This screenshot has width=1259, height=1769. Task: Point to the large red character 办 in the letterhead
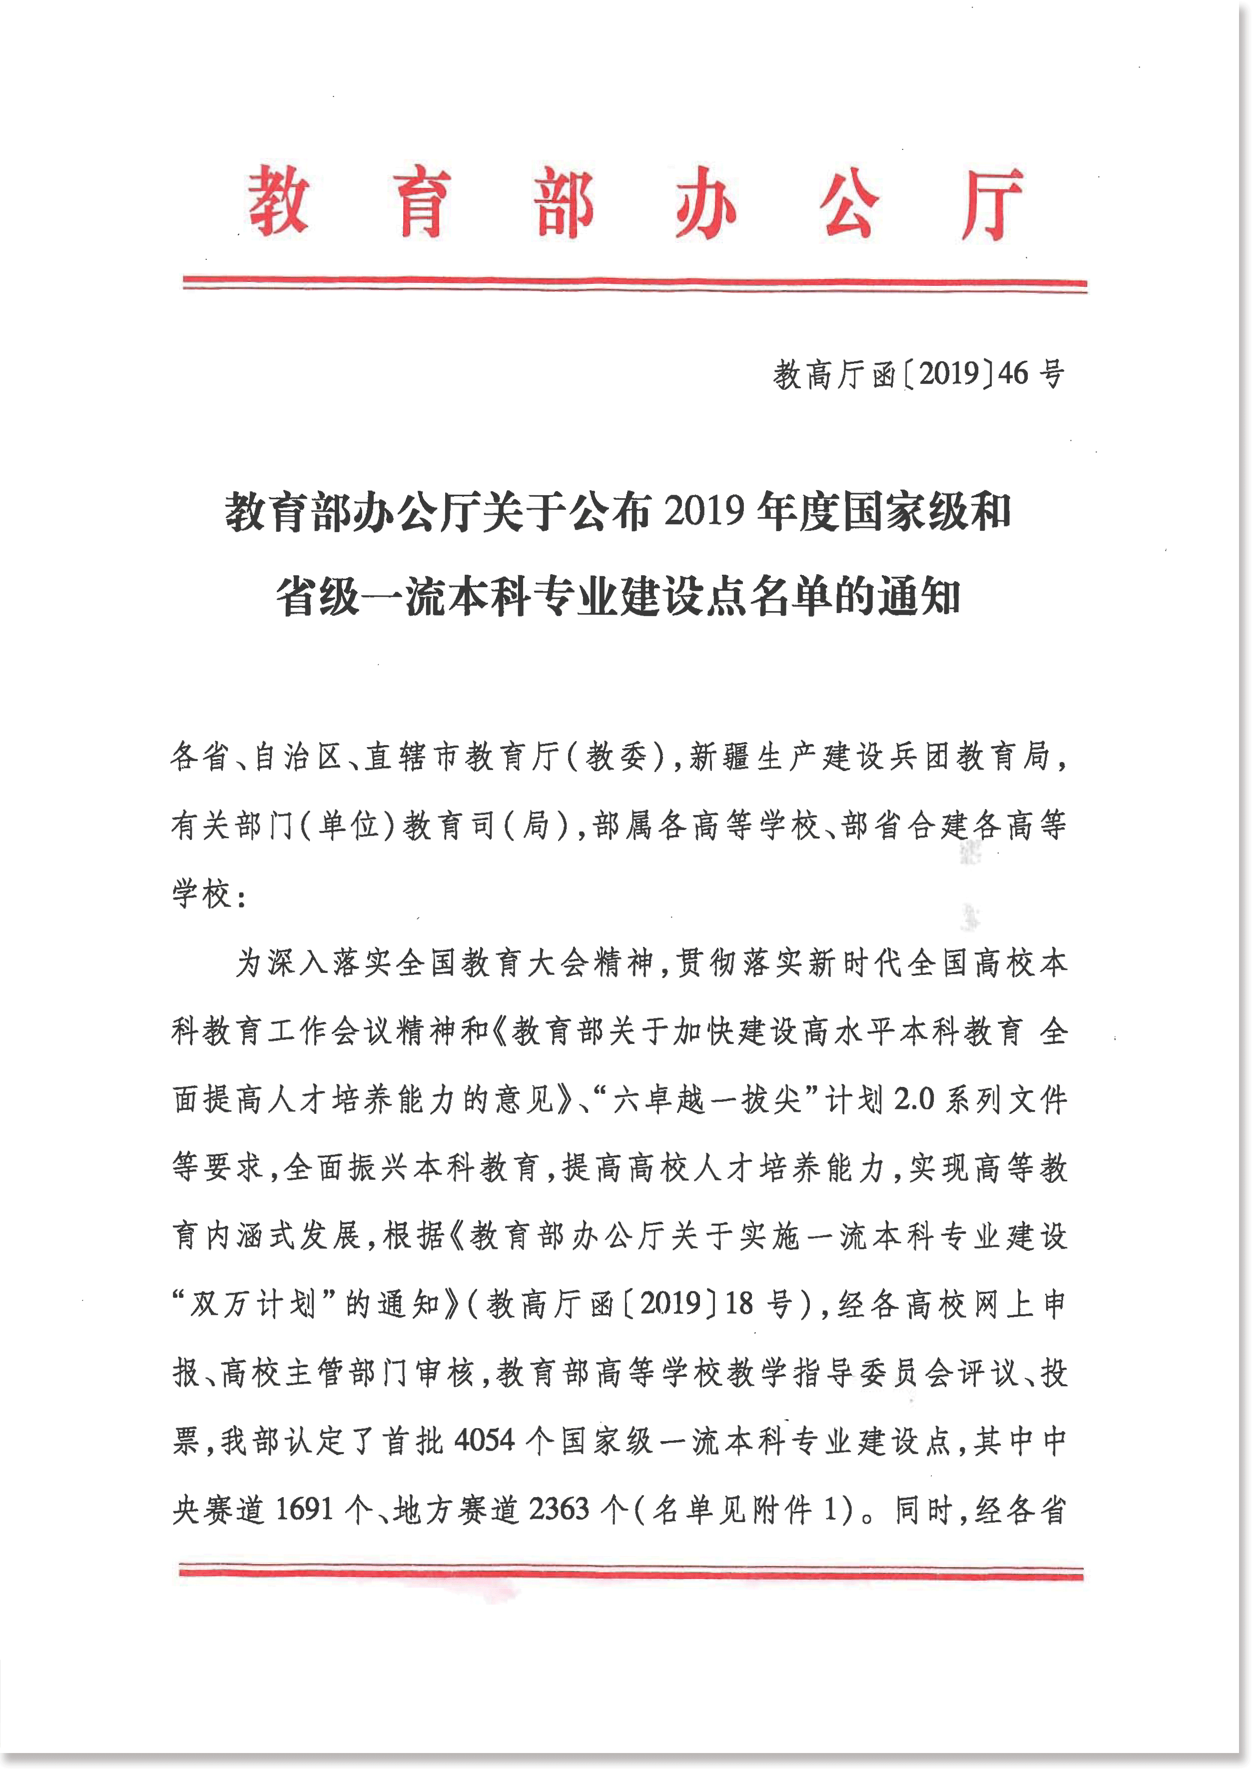pos(705,203)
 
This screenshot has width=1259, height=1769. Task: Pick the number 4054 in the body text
pos(485,1440)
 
